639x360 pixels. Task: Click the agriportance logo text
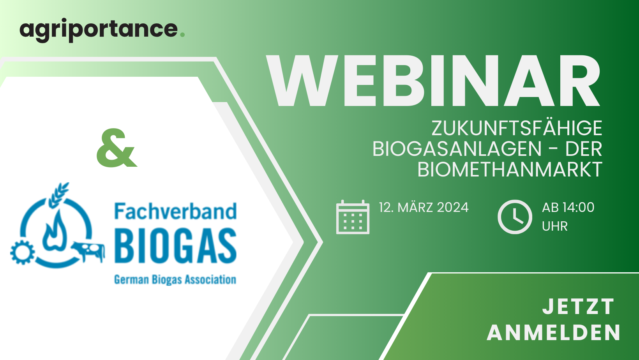99,30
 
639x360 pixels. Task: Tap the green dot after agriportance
182,35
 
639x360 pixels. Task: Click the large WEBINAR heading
433,81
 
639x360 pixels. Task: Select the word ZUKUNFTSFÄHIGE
517,128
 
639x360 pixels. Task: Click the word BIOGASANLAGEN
457,149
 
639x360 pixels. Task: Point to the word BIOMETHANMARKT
510,170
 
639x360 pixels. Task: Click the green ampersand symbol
117,148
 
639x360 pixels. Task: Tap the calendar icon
353,217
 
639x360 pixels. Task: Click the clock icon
515,217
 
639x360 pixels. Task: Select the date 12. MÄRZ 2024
424,207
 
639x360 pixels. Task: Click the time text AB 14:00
568,207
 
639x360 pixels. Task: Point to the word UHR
554,226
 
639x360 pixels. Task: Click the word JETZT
579,307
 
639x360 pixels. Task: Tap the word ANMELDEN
554,332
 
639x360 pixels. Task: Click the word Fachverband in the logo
175,211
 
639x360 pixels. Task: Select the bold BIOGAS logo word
175,245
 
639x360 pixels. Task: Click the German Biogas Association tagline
175,280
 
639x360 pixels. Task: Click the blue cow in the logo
89,251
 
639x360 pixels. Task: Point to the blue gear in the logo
22,252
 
